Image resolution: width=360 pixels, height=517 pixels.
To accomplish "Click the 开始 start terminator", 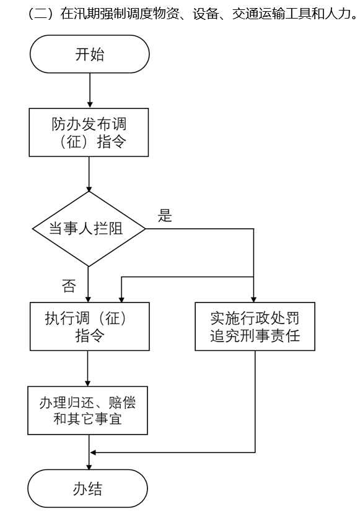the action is tap(89, 54).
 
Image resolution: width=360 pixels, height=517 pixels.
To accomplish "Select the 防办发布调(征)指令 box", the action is tap(89, 132).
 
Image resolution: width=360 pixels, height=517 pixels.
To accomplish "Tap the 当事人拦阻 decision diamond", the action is tap(89, 229).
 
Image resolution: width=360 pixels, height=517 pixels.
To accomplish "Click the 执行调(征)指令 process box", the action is tap(90, 327).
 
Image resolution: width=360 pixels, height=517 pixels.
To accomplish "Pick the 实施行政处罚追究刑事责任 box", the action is tap(255, 327).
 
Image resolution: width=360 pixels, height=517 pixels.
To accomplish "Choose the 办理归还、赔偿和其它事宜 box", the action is tap(88, 410).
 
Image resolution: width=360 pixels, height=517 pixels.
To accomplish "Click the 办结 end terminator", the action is tap(88, 488).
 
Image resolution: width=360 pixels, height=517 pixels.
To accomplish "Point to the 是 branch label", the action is tap(165, 216).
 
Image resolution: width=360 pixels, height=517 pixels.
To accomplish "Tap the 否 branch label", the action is tap(69, 286).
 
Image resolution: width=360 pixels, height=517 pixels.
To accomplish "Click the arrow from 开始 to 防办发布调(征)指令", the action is tap(90, 91).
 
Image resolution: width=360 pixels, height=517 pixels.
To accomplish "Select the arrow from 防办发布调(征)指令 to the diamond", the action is tap(89, 174).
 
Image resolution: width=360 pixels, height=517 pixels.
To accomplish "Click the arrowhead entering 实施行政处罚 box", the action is tap(253, 299).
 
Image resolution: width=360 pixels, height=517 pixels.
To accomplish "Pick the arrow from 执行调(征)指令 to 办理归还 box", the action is tap(88, 369).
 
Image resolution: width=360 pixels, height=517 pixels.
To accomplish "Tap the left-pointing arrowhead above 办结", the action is tap(93, 453).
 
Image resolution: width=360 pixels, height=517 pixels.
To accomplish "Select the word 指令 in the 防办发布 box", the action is tap(112, 142).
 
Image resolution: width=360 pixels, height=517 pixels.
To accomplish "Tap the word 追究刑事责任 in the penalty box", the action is tap(255, 335).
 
